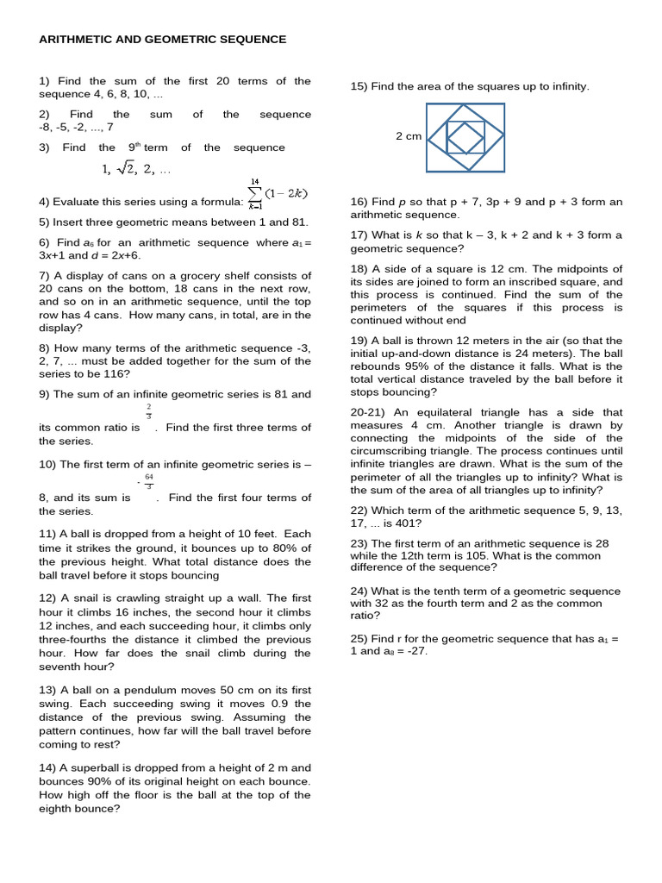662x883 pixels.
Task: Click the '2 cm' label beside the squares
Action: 408,136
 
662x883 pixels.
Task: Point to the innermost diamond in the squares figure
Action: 465,136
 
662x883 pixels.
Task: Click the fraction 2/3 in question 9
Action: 148,410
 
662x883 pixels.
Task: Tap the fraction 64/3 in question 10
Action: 148,481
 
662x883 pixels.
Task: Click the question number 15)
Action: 359,86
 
